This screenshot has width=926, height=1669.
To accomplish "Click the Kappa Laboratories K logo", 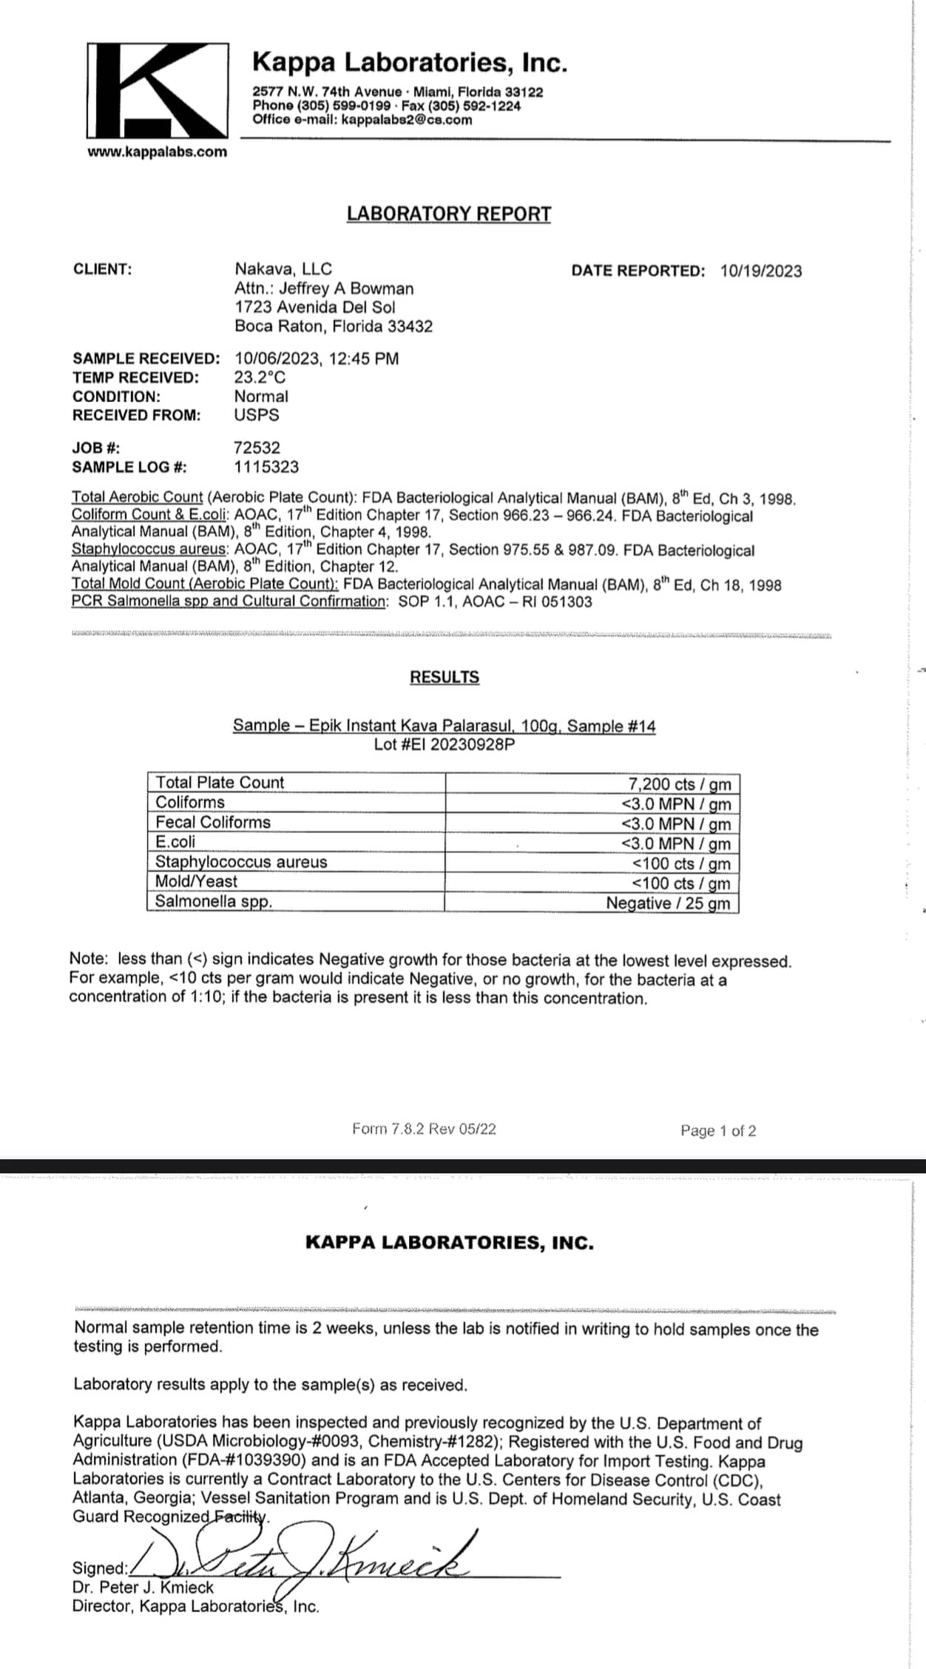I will (x=158, y=90).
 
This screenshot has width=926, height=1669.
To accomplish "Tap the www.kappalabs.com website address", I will (x=157, y=152).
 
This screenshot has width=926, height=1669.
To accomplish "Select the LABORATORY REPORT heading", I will (x=449, y=214).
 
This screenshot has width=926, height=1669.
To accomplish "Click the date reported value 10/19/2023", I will (x=761, y=271).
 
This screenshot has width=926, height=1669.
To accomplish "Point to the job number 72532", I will (x=257, y=448).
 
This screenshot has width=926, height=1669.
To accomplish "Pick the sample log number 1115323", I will (x=266, y=467).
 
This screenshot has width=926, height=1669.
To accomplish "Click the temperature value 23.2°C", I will (x=260, y=377).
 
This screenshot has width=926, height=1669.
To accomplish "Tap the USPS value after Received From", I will (x=257, y=415).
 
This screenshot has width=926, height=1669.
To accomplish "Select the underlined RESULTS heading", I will (x=445, y=677).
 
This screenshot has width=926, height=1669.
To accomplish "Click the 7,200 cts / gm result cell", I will (x=679, y=784).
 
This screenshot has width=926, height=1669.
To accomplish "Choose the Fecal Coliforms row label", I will (x=213, y=822).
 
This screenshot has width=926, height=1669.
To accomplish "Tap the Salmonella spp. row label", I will (x=214, y=901).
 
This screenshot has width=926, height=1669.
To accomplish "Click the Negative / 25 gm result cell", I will (x=668, y=903).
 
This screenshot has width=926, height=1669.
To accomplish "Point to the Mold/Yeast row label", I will (x=197, y=881).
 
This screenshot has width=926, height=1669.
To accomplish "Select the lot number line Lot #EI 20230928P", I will (x=444, y=744).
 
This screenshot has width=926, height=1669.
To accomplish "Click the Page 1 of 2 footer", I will (x=718, y=1130).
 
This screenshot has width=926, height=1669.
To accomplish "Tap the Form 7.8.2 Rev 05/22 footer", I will (x=424, y=1129).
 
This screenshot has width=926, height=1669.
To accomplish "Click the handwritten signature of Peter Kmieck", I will (x=311, y=1562).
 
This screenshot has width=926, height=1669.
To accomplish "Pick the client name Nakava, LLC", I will (x=283, y=269).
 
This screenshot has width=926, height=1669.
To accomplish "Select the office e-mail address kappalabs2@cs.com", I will (x=407, y=120).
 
